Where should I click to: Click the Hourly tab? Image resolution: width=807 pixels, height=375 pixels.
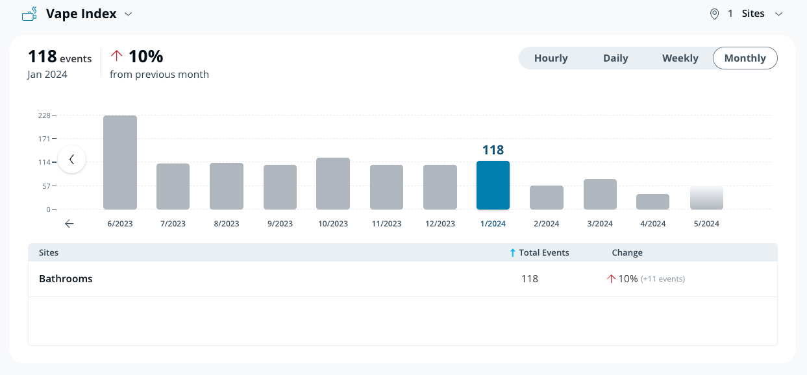tap(551, 58)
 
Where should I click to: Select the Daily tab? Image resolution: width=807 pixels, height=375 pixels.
tap(615, 58)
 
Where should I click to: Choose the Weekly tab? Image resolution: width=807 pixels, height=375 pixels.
tap(680, 58)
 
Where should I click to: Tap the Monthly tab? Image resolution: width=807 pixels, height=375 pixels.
tap(745, 58)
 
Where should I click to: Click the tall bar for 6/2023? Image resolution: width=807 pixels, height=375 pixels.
tap(120, 162)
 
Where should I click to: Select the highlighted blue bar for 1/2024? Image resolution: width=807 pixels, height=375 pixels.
tap(493, 186)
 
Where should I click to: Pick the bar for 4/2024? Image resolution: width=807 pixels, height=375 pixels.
tap(652, 202)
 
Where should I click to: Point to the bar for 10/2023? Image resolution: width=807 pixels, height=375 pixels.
tap(333, 184)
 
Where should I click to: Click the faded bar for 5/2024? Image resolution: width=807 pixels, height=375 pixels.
tap(706, 198)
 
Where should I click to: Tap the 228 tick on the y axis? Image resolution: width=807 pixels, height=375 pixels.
tap(44, 115)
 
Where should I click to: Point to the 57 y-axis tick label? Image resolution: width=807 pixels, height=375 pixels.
tap(46, 186)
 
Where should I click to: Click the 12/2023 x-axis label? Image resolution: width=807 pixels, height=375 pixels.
tap(440, 224)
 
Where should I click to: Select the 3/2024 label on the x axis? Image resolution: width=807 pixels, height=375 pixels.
tap(600, 224)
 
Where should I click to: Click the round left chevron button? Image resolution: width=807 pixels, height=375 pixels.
tap(72, 159)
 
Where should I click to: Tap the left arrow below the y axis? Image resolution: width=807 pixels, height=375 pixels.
tap(69, 224)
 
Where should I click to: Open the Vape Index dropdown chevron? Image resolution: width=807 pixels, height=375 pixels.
tap(129, 14)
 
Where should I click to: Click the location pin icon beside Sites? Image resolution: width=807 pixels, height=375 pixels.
tap(714, 14)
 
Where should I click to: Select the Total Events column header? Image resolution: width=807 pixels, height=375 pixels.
tap(543, 253)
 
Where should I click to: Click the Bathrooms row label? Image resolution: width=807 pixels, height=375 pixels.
tap(66, 279)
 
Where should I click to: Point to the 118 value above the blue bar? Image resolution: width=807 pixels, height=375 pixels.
tap(493, 151)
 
